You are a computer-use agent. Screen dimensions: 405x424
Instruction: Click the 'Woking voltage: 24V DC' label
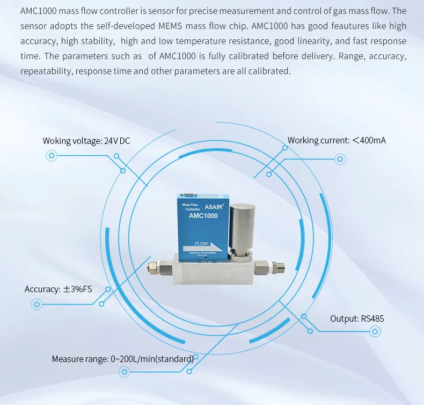pyautogui.click(x=86, y=141)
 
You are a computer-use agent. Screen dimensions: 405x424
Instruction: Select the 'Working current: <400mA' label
pyautogui.click(x=337, y=140)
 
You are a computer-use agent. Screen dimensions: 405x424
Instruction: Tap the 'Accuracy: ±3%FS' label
pyautogui.click(x=59, y=289)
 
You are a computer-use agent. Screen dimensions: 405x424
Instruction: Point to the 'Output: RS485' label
pyautogui.click(x=357, y=319)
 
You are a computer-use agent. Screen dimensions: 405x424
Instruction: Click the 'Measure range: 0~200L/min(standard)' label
pyautogui.click(x=122, y=359)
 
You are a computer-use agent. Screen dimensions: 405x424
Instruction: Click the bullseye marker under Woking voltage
pyautogui.click(x=52, y=156)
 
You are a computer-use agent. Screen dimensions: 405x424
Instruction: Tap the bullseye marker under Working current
pyautogui.click(x=340, y=159)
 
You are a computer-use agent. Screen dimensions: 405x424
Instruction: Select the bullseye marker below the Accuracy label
pyautogui.click(x=37, y=304)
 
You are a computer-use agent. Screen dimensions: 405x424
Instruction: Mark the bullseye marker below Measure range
pyautogui.click(x=125, y=371)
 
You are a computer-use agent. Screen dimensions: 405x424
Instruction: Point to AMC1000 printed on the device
pyautogui.click(x=204, y=215)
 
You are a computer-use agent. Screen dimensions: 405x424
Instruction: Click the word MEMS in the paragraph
pyautogui.click(x=171, y=26)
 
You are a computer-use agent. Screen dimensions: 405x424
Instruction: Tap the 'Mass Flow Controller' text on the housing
pyautogui.click(x=191, y=207)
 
